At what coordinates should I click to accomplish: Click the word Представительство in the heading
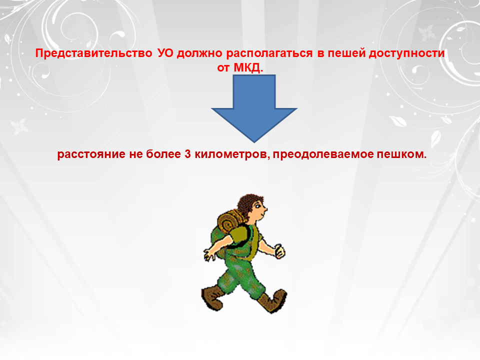[x=93, y=53]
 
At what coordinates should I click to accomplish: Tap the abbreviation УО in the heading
[x=165, y=53]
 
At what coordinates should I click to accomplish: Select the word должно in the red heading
[x=199, y=53]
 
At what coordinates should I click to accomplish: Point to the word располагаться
[x=269, y=53]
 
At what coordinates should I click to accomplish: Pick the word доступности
[x=406, y=53]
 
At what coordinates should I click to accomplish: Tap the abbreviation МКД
[x=248, y=67]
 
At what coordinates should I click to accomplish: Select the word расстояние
[x=91, y=154]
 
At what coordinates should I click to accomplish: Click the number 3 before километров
[x=187, y=153]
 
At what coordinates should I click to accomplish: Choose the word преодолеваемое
[x=323, y=154]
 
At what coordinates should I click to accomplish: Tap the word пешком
[x=401, y=154]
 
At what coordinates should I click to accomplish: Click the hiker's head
[x=252, y=208]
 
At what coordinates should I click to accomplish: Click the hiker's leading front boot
[x=273, y=301]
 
